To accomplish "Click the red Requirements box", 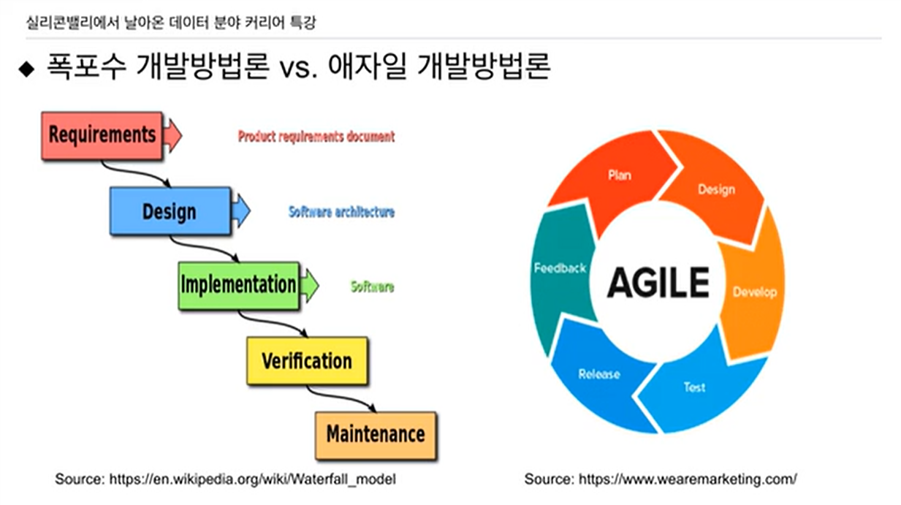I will (x=102, y=135).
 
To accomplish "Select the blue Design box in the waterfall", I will (x=169, y=211).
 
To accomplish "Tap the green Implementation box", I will (x=238, y=284).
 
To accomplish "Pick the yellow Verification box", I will (x=306, y=360).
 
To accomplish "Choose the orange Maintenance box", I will (x=375, y=434).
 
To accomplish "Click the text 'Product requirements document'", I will (x=316, y=136).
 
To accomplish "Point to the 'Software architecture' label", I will (x=341, y=212).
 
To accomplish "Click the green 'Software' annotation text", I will (x=372, y=286).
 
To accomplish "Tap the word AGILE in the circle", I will (x=658, y=282).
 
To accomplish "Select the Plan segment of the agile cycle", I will (x=619, y=175).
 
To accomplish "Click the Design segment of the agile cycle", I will (x=716, y=190).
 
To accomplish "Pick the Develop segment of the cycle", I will (x=754, y=292).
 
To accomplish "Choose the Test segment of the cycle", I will (x=694, y=387).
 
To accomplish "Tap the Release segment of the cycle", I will (x=598, y=374).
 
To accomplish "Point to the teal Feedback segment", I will (x=560, y=268).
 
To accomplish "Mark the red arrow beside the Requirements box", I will (x=172, y=135).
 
